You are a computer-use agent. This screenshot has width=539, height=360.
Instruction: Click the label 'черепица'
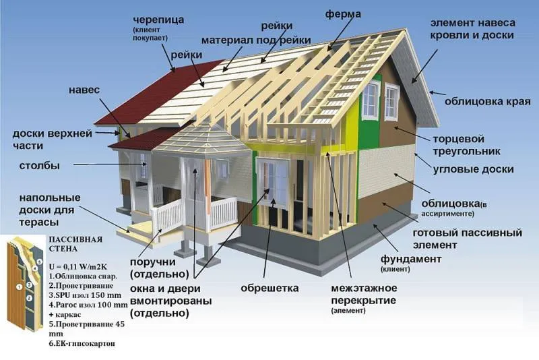pos(158,20)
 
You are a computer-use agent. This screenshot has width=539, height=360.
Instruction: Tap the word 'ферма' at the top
pos(343,14)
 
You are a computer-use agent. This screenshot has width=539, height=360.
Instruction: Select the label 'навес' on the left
pos(84,90)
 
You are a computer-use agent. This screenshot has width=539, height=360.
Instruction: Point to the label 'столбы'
pos(40,166)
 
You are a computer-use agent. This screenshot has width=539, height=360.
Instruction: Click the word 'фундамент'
pos(411,259)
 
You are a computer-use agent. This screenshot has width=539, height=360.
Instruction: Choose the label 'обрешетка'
pos(270,288)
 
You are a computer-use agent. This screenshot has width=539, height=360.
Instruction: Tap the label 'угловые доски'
pos(473,169)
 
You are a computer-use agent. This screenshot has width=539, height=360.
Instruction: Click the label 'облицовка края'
pos(487,102)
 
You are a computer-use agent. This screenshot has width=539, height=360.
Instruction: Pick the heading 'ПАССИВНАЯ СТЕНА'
pos(75,244)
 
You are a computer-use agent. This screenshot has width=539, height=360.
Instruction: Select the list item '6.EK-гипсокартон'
pos(82,343)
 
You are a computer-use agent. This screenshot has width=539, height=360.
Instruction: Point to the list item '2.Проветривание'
pos(81,286)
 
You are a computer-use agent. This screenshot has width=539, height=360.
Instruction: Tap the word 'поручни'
pos(153,262)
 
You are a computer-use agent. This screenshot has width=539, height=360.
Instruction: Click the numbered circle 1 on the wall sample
pos(20,287)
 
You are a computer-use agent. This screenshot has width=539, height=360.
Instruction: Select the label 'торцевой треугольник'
pos(466,145)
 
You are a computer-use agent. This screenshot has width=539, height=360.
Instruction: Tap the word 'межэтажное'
pos(364,288)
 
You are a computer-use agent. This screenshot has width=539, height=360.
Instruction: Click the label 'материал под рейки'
pos(256,40)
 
